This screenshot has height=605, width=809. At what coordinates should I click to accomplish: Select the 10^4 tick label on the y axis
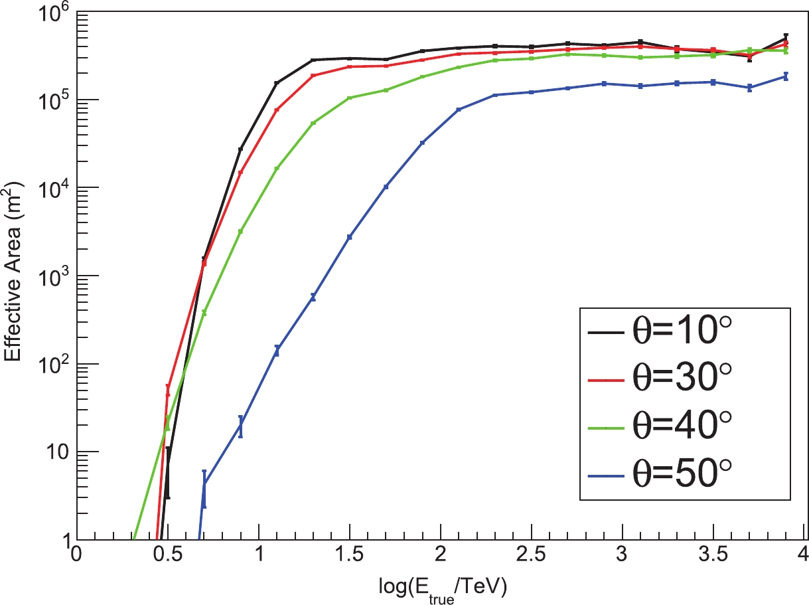(x=52, y=188)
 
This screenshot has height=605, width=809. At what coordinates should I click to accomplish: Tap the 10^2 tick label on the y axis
(x=52, y=364)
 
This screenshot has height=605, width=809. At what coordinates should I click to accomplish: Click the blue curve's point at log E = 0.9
(x=240, y=426)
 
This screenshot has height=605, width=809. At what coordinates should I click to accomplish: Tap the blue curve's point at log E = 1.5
(x=349, y=236)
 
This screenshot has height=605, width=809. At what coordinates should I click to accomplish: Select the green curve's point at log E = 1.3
(x=313, y=123)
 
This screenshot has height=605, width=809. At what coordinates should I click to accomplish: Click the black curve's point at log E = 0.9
(x=240, y=149)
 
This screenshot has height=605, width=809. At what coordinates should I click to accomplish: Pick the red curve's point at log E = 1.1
(x=277, y=110)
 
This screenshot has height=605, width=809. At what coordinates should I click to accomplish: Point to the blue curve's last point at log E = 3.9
(x=786, y=76)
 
